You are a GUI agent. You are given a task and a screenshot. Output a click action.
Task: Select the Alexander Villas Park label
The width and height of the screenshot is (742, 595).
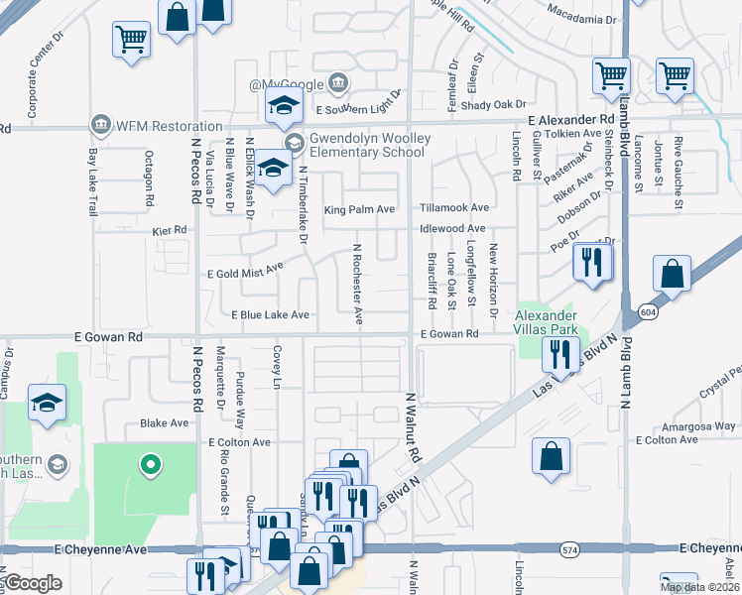click(x=545, y=322)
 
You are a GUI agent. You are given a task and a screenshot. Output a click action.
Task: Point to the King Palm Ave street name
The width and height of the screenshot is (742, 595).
click(x=359, y=209)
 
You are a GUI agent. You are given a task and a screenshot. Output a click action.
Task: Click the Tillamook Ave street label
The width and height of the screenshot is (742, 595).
click(x=454, y=208)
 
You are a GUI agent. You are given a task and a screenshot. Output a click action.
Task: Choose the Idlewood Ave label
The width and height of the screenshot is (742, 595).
click(x=452, y=229)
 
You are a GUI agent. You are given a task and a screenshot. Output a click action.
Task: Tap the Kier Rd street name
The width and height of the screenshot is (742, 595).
click(x=170, y=230)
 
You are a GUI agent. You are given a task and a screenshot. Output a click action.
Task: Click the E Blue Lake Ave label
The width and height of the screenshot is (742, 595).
click(x=270, y=315)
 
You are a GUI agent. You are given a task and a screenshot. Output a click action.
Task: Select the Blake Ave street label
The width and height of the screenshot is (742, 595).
click(x=164, y=422)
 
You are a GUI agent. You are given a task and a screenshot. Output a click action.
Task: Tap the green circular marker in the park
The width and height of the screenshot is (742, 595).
click(x=150, y=463)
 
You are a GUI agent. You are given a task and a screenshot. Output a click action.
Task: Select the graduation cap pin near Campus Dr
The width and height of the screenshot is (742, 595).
click(x=46, y=403)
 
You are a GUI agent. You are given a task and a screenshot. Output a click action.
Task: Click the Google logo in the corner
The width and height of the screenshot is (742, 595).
click(x=33, y=583)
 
